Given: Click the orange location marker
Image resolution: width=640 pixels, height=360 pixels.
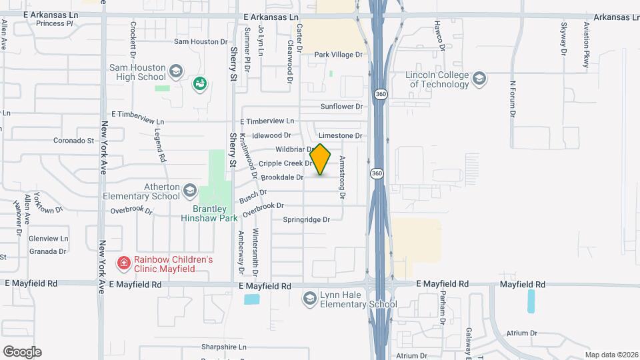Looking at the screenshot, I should point(320,160).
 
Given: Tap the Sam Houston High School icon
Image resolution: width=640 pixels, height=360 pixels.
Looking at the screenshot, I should point(176,71).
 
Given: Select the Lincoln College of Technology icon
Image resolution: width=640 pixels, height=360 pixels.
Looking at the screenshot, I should point(479,79).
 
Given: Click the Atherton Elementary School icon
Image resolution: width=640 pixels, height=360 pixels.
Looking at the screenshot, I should point(189,191).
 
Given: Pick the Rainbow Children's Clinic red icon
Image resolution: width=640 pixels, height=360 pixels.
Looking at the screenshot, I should point(123,264).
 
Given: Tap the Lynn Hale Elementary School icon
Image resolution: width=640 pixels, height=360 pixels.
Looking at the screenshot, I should point(309,299).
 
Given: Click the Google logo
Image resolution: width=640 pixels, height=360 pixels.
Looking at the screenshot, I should point(22,351).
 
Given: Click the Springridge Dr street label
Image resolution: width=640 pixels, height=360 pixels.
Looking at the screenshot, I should point(307,219).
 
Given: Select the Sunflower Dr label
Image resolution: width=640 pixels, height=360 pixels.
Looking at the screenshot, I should point(341,107).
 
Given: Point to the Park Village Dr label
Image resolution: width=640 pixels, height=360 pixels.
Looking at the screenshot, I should point(339,55).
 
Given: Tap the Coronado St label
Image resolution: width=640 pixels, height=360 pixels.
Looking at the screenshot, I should point(73,141).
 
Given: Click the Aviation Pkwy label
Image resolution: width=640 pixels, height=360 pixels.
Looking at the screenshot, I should point(587,45).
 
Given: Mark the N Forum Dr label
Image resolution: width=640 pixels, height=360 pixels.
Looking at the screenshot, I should point(513,100).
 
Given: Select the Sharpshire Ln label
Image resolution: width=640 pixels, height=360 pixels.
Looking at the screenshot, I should point(224,347).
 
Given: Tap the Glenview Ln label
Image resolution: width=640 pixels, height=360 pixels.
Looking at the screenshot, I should point(49,239).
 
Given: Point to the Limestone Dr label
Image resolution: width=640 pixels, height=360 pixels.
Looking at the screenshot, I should point(341,135).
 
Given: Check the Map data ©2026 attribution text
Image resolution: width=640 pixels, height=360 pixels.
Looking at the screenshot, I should point(611,355).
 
